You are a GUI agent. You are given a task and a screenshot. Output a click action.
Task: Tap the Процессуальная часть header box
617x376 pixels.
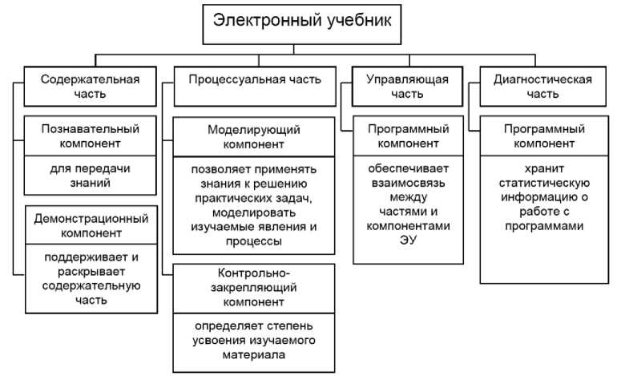[255, 79]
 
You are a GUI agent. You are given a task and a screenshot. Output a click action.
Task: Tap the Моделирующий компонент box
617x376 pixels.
[254, 136]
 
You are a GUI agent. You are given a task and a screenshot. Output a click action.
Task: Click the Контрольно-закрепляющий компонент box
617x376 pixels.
[254, 288]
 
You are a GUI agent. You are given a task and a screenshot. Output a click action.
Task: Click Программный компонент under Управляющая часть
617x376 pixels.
[409, 136]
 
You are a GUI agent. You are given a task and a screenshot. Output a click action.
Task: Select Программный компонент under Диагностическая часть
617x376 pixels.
[544, 136]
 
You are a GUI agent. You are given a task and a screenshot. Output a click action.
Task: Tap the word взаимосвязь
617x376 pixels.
[409, 183]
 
